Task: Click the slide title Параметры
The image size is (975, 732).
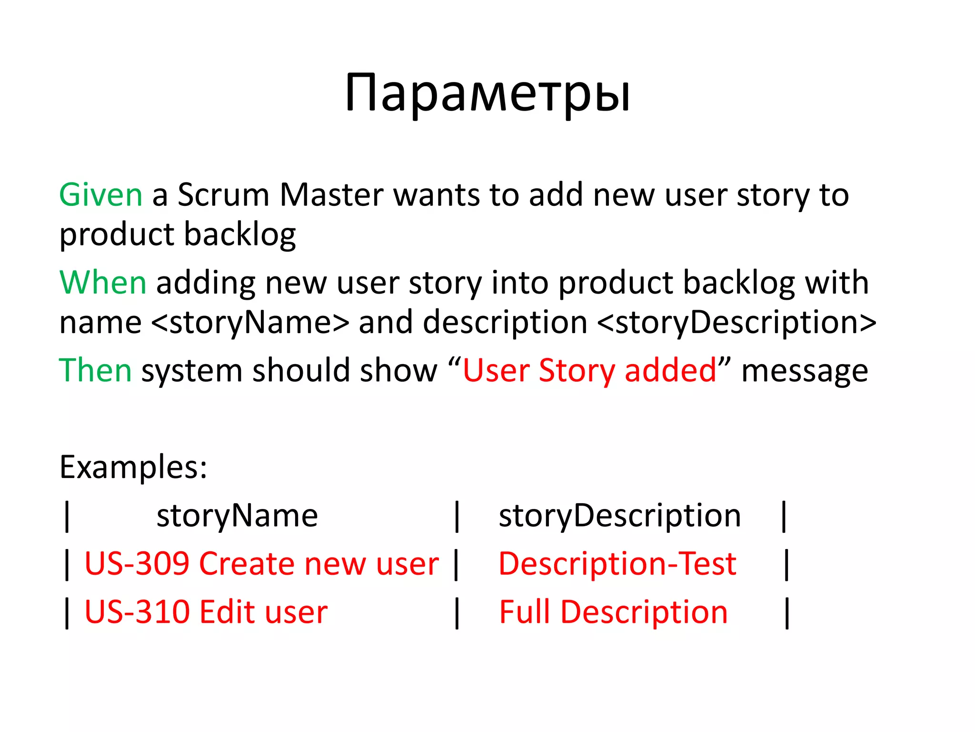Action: coord(487,93)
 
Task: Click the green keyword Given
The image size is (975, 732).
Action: coord(100,195)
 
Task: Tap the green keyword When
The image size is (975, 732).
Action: coord(103,283)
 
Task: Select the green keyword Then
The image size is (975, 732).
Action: coord(95,370)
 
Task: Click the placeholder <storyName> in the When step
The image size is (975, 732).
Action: coord(250,323)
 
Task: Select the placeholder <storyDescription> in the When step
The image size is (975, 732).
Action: coord(736,323)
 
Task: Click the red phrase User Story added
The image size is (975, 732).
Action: coord(589,370)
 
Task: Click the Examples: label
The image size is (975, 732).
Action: coord(133,467)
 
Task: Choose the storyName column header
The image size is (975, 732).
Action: coord(237,516)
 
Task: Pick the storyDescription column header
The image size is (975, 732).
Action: coord(620,516)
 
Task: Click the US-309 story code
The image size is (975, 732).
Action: coord(137,564)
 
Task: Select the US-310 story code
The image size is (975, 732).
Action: coord(137,612)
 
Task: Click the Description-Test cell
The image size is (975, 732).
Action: coord(617,564)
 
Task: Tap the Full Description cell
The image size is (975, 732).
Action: coord(613,612)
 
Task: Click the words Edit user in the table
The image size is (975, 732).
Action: coord(264,612)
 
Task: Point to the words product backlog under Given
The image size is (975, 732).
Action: coord(178,235)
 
